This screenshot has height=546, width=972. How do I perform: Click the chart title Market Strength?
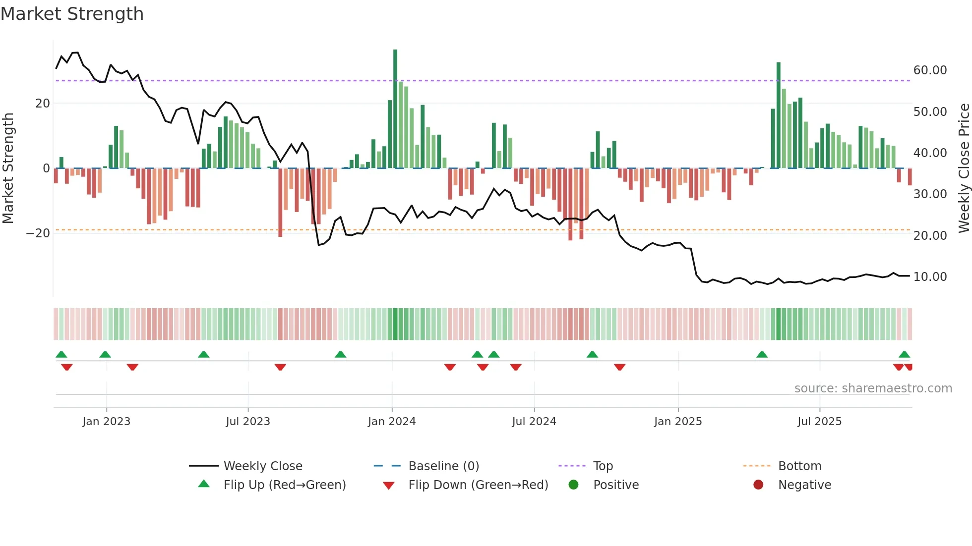(72, 14)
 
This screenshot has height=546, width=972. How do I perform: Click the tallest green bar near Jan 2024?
(395, 109)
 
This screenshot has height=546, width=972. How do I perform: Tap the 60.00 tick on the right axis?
(930, 70)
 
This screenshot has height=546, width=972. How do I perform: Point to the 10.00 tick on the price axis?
(930, 277)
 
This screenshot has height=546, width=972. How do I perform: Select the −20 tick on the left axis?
(38, 233)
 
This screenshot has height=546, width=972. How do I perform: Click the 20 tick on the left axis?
(43, 104)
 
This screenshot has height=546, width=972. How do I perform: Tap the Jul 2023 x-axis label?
(248, 422)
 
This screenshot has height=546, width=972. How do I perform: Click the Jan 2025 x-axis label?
(678, 422)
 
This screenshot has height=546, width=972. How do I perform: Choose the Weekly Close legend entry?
(262, 466)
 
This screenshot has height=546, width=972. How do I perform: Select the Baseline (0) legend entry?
(443, 466)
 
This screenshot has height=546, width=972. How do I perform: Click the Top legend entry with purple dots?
(603, 466)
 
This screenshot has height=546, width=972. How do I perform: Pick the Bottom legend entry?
(799, 466)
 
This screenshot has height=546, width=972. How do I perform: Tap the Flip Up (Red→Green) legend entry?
(284, 485)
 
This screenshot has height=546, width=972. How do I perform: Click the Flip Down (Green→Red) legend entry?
(478, 485)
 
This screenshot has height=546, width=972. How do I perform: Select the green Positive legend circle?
(574, 485)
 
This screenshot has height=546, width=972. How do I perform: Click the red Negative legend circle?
(758, 485)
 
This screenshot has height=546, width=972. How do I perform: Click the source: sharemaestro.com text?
(873, 388)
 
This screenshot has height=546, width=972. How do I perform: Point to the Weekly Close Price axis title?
(964, 168)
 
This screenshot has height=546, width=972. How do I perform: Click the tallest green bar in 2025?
(779, 115)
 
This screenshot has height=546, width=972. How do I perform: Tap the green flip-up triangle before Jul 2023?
(203, 354)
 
